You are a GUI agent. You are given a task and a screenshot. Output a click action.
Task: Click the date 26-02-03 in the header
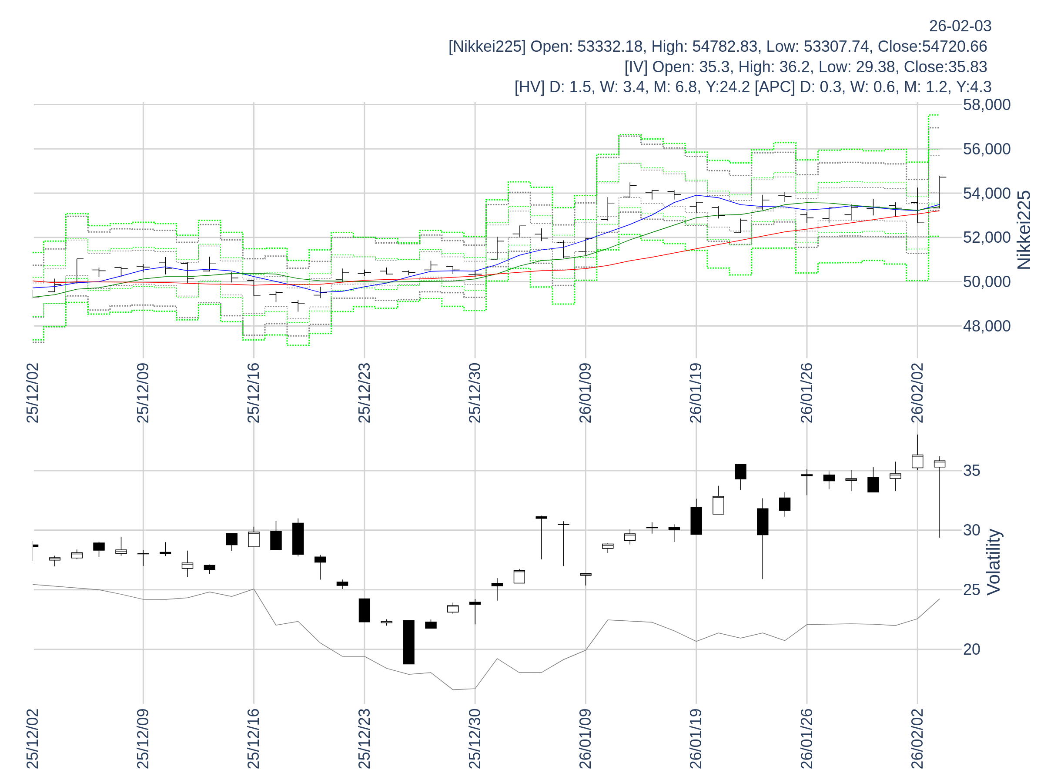click(960, 26)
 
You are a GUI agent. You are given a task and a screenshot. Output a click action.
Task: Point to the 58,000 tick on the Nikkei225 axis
click(987, 105)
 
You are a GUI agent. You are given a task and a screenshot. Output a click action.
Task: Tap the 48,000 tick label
click(987, 326)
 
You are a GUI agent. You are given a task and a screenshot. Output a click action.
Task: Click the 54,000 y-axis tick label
click(987, 194)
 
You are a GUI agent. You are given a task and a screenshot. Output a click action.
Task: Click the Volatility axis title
click(994, 562)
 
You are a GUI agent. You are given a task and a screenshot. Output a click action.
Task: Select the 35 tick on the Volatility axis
click(972, 471)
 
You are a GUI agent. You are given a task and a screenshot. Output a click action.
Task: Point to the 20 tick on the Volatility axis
click(972, 649)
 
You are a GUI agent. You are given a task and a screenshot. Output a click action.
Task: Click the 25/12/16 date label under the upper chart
click(254, 393)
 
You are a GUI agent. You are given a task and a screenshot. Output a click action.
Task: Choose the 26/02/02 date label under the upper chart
click(917, 393)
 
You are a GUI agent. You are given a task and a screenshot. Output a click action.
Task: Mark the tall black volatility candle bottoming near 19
click(408, 642)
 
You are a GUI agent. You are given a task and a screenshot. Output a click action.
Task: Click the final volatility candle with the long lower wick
click(939, 465)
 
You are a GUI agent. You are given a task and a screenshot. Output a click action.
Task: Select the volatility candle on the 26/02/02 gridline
click(917, 461)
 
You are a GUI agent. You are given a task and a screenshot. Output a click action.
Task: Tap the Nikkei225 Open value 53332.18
click(610, 47)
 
